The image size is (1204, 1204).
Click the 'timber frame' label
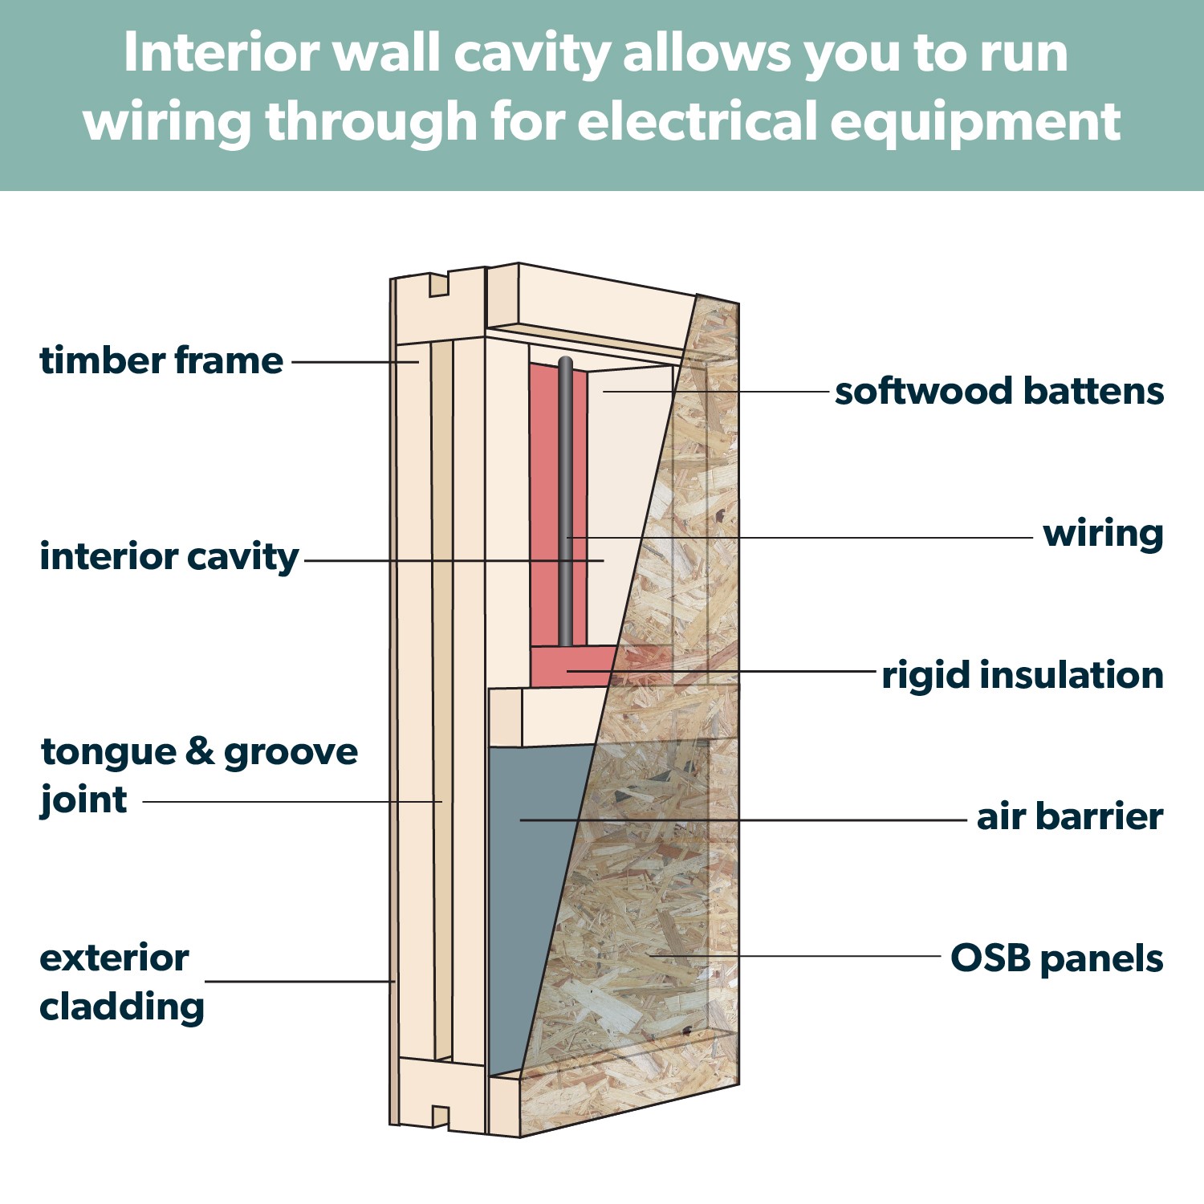(161, 361)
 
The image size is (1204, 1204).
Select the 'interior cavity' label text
(169, 557)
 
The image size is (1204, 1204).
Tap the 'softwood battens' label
(999, 392)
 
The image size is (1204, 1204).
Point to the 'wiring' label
(1103, 534)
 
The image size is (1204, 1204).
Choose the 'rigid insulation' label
(1023, 675)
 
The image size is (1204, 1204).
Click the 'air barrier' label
(1069, 817)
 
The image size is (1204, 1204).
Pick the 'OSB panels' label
(1056, 958)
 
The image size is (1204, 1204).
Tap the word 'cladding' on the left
(122, 1007)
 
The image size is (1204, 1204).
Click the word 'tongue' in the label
(109, 753)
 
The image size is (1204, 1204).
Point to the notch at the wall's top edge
(438, 284)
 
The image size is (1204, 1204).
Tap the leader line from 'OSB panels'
(803, 956)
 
